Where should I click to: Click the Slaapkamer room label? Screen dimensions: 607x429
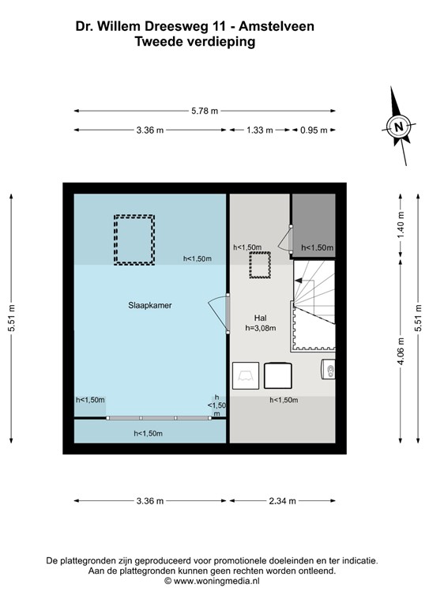tap(150, 304)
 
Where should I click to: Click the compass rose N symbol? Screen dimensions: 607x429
tap(399, 126)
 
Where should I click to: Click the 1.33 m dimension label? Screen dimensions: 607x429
tap(259, 130)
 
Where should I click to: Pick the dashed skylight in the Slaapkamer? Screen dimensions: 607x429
tap(134, 239)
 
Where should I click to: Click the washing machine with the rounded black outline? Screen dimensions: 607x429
tap(277, 375)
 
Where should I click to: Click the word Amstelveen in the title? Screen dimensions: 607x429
tap(278, 26)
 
